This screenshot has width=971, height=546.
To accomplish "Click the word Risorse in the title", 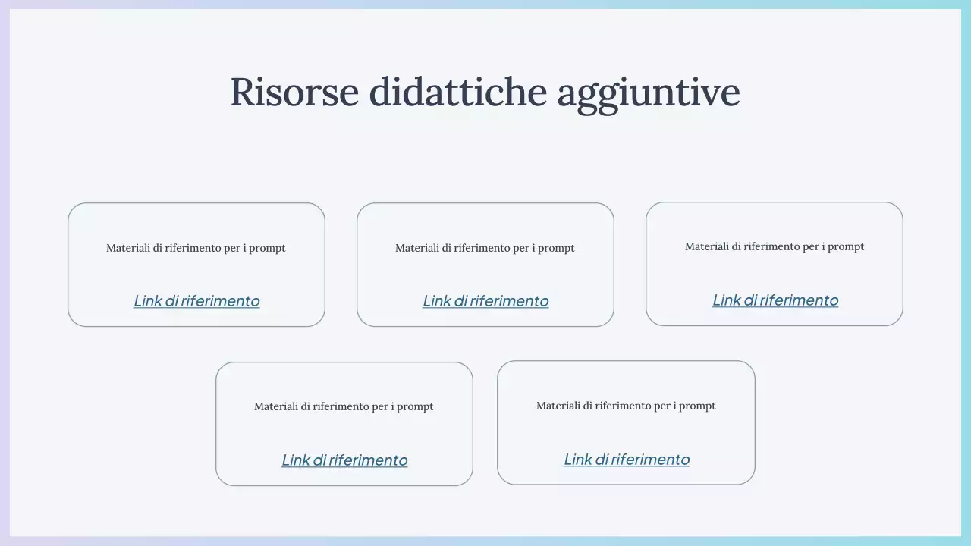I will (294, 92).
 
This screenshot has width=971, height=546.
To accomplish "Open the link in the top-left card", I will (196, 301).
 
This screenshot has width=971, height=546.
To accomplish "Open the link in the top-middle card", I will (485, 301).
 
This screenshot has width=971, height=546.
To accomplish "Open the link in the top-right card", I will (775, 300).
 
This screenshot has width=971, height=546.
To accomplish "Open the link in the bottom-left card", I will (344, 460).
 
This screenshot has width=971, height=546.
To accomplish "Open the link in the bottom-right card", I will (627, 460).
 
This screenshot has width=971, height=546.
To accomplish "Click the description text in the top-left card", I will (196, 248).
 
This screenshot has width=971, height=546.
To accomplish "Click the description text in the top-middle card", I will (485, 248).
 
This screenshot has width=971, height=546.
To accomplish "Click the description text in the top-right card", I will (775, 246).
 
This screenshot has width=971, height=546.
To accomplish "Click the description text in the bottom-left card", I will (344, 406).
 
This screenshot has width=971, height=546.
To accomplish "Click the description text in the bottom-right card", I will (626, 406).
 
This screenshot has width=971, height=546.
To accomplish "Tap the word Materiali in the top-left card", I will (127, 248).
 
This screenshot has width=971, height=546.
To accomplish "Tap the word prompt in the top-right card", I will (846, 247).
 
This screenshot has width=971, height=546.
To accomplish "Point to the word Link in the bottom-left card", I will (296, 460).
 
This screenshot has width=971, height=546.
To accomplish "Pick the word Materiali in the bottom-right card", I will (558, 406).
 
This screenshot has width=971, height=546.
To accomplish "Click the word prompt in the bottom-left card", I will (415, 407).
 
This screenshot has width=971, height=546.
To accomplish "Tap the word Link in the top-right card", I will (727, 300).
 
